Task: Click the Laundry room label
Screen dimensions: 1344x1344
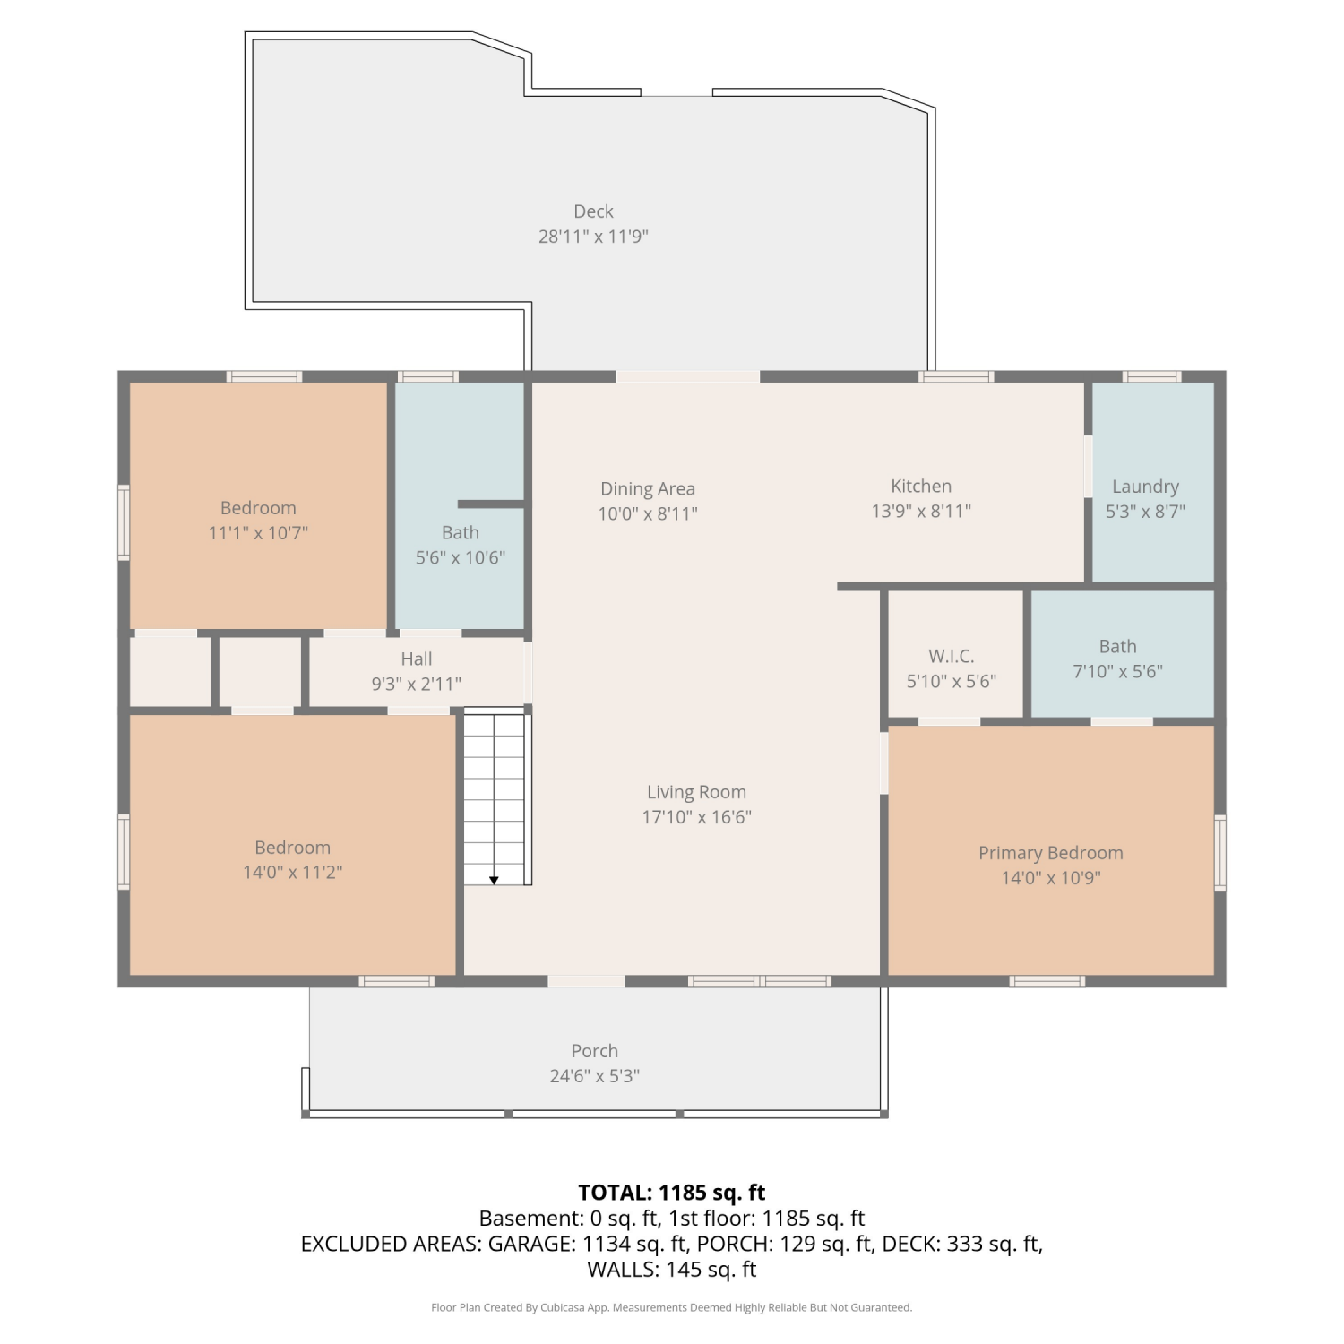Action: tap(1145, 487)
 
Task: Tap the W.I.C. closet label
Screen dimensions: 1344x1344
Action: tap(951, 656)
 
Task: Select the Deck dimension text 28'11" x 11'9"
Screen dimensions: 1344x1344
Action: tap(593, 237)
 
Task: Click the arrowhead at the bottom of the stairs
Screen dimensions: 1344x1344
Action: tap(494, 881)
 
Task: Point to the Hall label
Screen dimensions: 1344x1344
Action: tap(417, 659)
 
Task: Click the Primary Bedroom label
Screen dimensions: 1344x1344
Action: tap(1050, 853)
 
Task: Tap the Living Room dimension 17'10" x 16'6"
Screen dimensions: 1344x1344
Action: tap(696, 817)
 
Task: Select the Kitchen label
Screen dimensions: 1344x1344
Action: tap(921, 486)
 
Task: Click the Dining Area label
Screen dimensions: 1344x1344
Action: tap(648, 489)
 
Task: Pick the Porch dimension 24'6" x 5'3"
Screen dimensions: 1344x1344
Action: tap(595, 1076)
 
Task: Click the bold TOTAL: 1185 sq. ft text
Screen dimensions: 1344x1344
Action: tap(672, 1193)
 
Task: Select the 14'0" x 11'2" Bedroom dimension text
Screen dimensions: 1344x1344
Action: tap(293, 873)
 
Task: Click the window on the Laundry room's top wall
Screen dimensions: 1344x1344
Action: tap(1152, 376)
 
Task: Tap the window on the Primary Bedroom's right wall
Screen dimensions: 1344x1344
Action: tap(1219, 852)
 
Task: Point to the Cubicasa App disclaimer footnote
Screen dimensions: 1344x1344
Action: tap(672, 1308)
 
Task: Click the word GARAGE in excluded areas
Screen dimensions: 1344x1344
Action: tap(530, 1244)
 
